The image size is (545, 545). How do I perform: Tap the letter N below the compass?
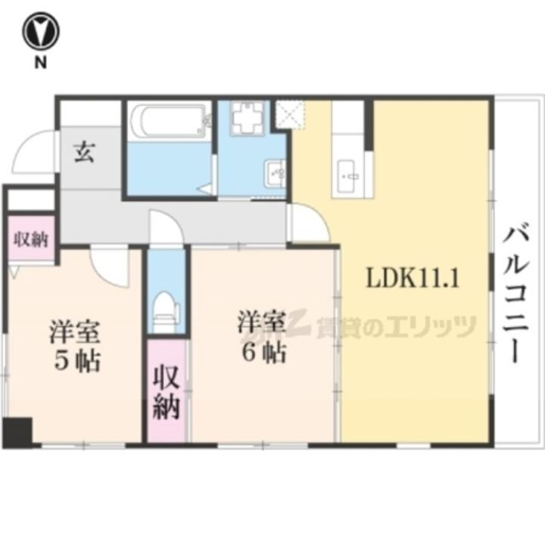pyautogui.click(x=39, y=64)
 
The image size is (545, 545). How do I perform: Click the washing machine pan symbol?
pyautogui.click(x=247, y=119)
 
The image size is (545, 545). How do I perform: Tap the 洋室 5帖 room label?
pyautogui.click(x=76, y=346)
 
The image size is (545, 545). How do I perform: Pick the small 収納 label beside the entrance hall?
pyautogui.click(x=30, y=240)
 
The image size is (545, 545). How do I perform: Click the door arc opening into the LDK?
pyautogui.click(x=309, y=223)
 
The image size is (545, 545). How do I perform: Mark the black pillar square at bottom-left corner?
pyautogui.click(x=17, y=432)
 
